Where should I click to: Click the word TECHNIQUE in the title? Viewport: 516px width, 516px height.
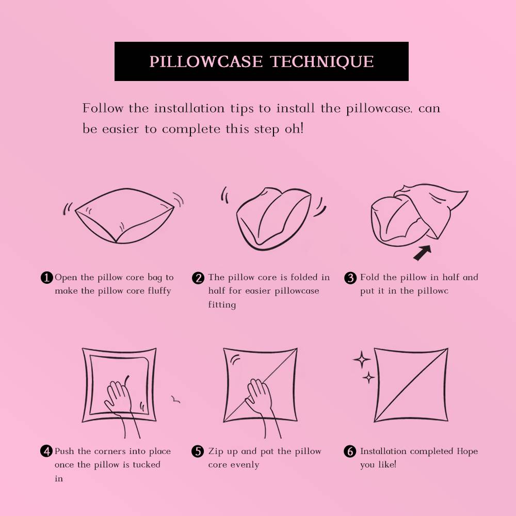(322, 61)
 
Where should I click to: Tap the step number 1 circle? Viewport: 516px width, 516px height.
(46, 278)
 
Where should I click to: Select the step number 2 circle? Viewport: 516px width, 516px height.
(198, 278)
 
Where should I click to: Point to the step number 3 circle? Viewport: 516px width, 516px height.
(350, 278)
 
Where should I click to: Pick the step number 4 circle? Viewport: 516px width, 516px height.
(46, 451)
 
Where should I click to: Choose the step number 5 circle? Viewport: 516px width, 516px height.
(198, 451)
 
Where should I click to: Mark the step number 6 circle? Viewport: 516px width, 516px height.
(350, 451)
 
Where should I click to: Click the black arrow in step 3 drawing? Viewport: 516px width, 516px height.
(423, 252)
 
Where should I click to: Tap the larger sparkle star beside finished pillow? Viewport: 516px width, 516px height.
(361, 360)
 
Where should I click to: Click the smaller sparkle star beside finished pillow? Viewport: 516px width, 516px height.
(368, 378)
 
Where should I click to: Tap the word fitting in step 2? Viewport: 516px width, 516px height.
(222, 305)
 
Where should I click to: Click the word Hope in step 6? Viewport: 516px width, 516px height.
(467, 451)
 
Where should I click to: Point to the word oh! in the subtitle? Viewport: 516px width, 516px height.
(294, 128)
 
